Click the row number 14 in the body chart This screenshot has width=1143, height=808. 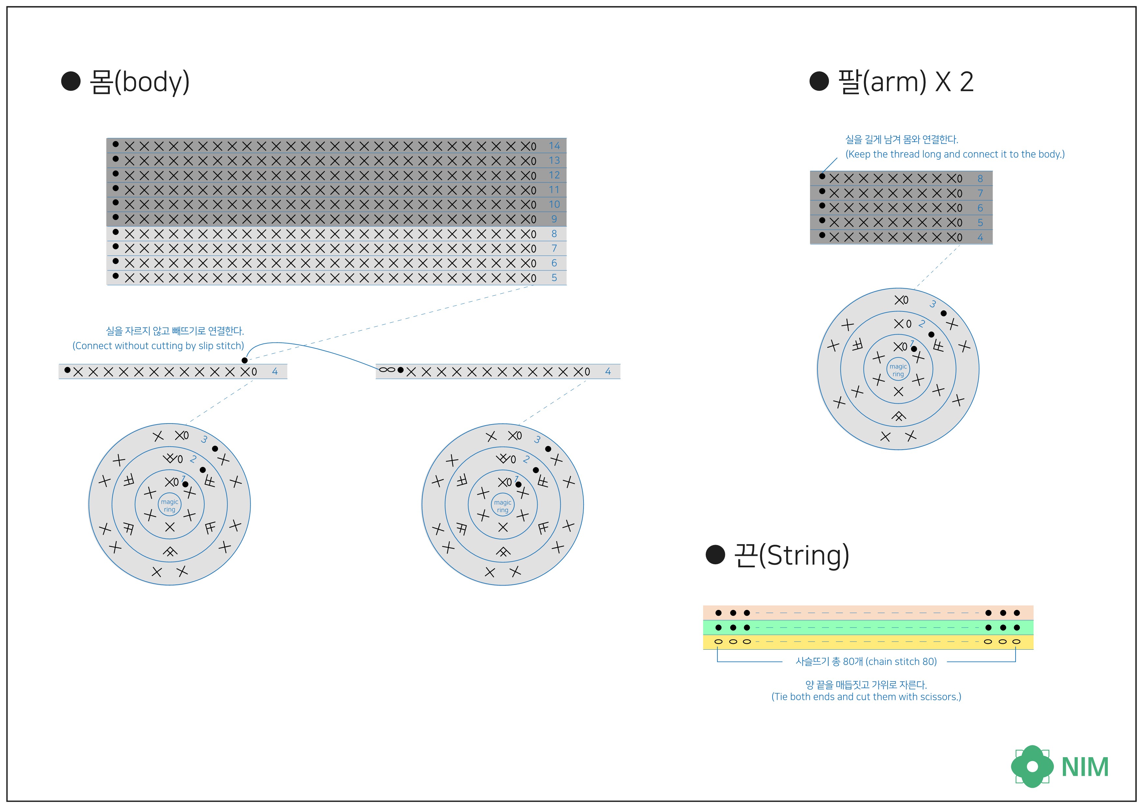[x=554, y=146]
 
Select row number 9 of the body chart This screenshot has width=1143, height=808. [x=554, y=219]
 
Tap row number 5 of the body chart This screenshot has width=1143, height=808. [x=554, y=278]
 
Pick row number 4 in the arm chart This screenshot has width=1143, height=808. [x=980, y=238]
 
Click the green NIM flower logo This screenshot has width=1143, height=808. [x=1032, y=766]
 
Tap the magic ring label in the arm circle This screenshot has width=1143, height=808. [x=898, y=370]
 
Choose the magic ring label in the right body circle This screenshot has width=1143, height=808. [x=503, y=506]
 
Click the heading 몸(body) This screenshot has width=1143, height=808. [x=139, y=82]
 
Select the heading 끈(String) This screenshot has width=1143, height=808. [x=791, y=555]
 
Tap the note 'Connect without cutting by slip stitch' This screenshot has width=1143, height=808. [x=158, y=345]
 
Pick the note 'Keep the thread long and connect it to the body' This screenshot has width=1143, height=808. [x=955, y=154]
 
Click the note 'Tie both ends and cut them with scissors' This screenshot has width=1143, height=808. [x=866, y=697]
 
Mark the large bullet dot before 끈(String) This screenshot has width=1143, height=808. [x=716, y=555]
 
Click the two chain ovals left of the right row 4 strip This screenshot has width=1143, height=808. [x=387, y=370]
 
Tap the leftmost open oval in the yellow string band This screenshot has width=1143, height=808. [x=718, y=642]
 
